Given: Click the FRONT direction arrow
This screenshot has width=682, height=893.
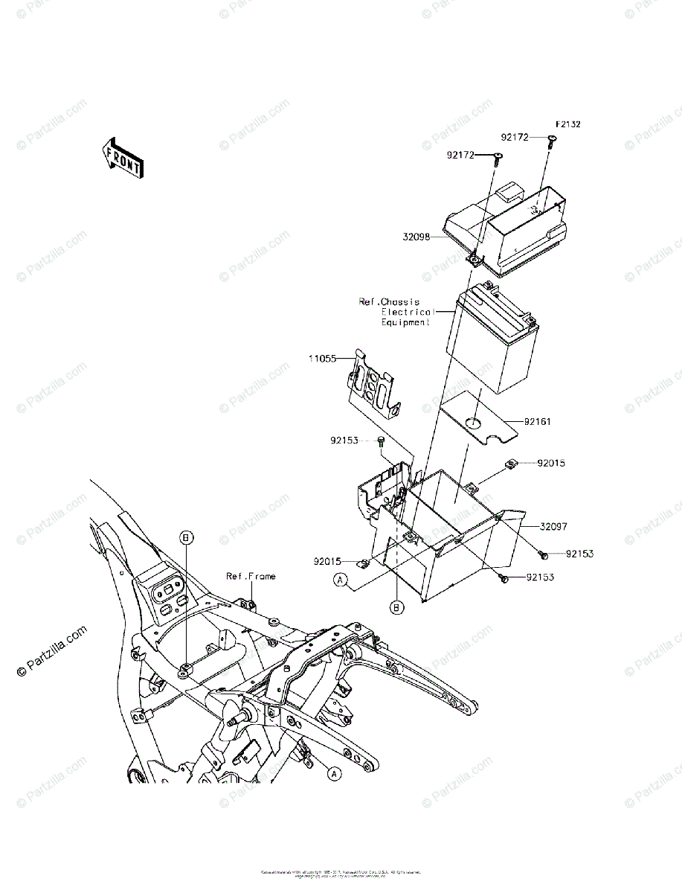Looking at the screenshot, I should pos(122,157).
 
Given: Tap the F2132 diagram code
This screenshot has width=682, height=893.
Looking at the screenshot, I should pos(567,124).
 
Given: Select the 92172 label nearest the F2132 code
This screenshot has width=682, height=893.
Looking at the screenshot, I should pos(514,138).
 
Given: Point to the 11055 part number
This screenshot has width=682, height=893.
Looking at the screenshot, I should pos(323,359).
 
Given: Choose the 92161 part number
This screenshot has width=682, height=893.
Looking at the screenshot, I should pos(537,421).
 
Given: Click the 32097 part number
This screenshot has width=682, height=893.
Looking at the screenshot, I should pos(553,526).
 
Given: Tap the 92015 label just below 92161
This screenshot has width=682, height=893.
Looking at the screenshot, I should pos(551,463).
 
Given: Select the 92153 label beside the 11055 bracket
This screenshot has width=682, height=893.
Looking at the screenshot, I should pos(345,440).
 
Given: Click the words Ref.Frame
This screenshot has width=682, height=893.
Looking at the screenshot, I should pos(251,576).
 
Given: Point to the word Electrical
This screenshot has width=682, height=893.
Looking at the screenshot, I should pos(408,312).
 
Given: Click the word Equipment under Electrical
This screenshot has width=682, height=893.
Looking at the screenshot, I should pos(405,322).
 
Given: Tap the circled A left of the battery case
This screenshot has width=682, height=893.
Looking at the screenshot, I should pos(341,580).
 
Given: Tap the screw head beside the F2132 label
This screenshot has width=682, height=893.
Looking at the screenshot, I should pos(551,139).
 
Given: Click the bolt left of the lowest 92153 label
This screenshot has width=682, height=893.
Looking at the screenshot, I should pos(504,577).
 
